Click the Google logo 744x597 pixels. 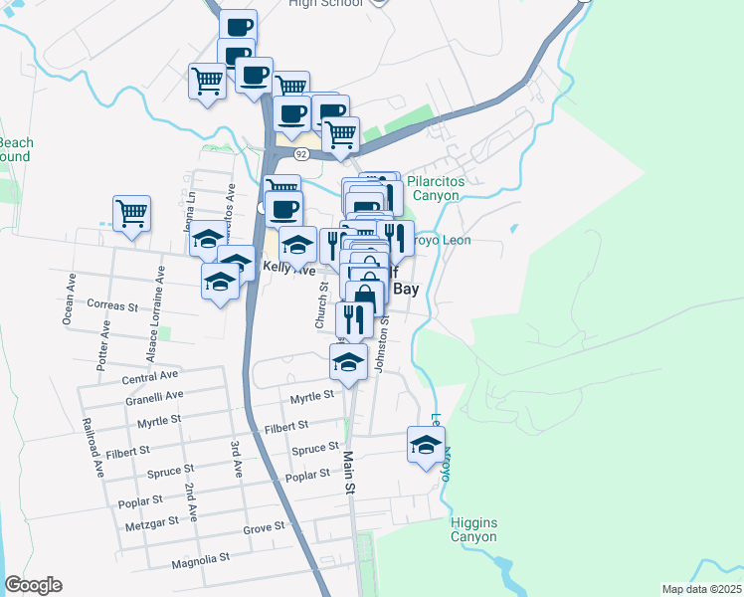(33, 585)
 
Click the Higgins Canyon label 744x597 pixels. (472, 530)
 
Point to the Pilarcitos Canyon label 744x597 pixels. (434, 188)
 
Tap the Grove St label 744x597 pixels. (265, 525)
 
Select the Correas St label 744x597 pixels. (112, 305)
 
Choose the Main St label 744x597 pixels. (349, 472)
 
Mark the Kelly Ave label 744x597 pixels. (288, 269)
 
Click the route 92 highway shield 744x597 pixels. (299, 154)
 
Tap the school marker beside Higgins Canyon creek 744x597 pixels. (426, 445)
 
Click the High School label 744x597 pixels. (323, 4)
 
